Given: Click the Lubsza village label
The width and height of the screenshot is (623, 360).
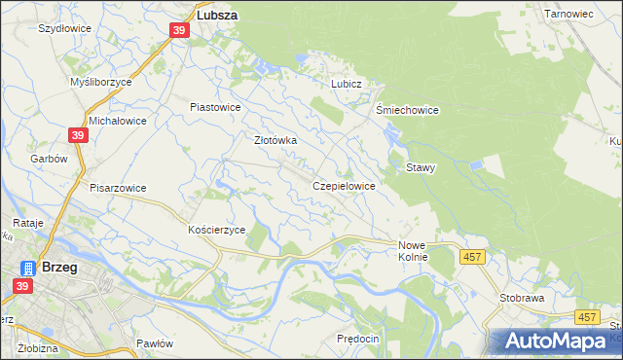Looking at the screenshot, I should pos(218,17).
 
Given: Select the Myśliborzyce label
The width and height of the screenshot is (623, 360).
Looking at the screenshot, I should pos(101,83).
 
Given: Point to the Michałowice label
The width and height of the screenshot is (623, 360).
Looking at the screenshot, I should pos(117,121).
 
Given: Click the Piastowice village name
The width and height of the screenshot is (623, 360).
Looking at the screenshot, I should pos(214,106).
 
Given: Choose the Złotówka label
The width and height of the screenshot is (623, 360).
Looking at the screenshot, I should pos(275,140).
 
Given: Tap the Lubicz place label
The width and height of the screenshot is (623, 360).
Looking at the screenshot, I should pos(346,84).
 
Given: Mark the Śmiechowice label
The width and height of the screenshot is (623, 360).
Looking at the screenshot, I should pos(408,110).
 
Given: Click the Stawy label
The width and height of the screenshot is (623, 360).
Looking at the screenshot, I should pos(421,167).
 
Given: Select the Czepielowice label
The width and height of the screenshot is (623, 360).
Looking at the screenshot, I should pos(344,185).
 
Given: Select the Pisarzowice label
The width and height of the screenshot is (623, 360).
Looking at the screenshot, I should pos(118,188).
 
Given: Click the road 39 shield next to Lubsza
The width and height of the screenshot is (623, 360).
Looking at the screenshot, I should pos(179,31).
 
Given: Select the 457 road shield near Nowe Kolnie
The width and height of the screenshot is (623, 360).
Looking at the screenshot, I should pos(472,256).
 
